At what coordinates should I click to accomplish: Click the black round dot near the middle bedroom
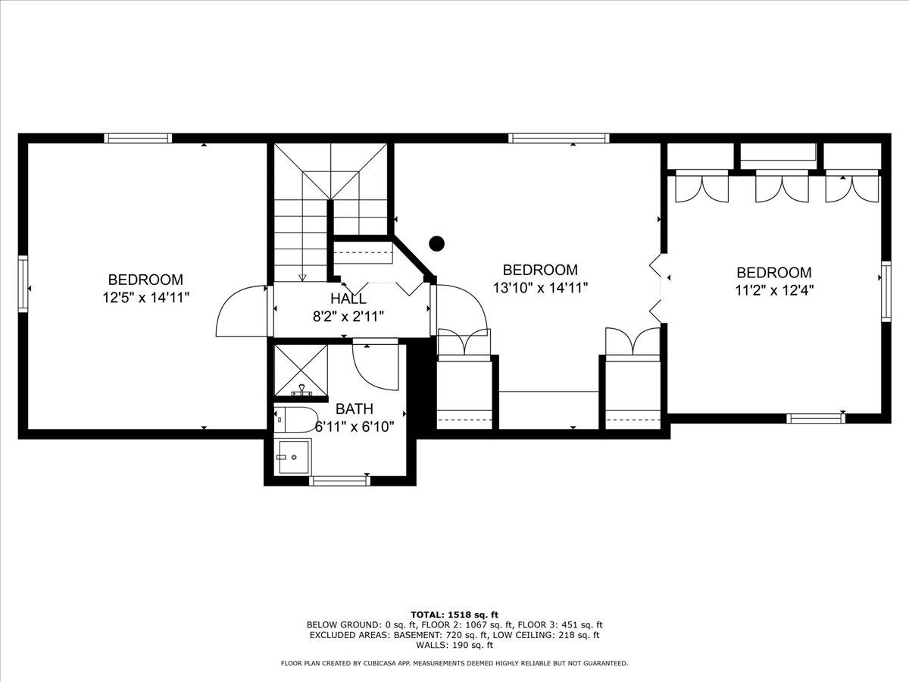[436, 243]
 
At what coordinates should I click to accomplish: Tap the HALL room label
[348, 299]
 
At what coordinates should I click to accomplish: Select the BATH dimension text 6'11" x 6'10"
[355, 427]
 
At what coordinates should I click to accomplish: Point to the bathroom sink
[293, 457]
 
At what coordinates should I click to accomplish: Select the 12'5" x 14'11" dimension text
[145, 298]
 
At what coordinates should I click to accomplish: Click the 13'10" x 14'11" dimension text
[540, 287]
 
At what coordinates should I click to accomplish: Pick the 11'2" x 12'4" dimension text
[774, 289]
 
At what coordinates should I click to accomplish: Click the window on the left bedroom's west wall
[23, 284]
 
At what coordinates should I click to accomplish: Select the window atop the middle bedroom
[558, 138]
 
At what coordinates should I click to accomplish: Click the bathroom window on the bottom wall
[339, 480]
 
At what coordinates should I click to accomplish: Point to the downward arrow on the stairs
[302, 277]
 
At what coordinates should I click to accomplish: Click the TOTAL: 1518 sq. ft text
[454, 615]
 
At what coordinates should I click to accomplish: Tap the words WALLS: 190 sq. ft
[454, 646]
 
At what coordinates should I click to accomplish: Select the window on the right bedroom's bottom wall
[816, 418]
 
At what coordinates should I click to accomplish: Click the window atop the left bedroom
[138, 138]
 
